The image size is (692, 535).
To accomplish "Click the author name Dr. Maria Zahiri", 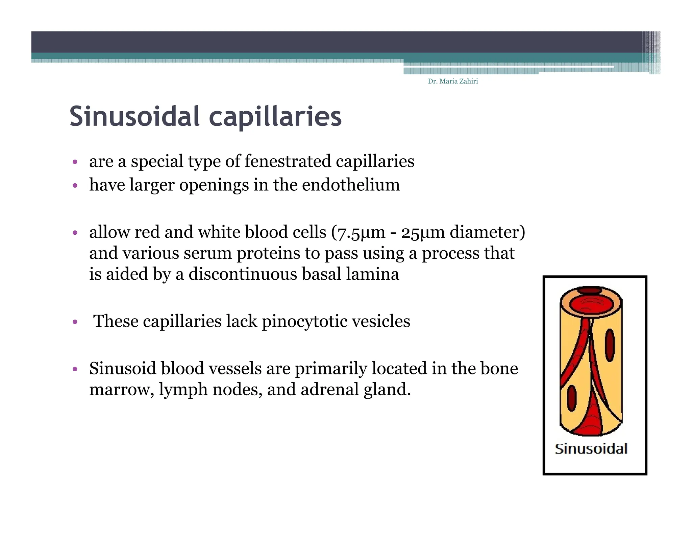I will (452, 81).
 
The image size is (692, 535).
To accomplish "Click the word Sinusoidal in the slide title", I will (134, 116).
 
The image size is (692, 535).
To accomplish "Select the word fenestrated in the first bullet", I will (288, 161).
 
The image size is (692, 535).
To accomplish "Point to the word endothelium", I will (351, 185).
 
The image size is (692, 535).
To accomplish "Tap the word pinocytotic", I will (304, 321).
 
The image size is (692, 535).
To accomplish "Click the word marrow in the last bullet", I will (120, 390).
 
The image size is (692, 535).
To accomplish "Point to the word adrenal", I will (329, 389).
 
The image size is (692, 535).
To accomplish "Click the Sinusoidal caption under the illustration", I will (591, 449).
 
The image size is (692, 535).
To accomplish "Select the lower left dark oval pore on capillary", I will (571, 398).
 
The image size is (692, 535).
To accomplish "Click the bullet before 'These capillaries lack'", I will (75, 322).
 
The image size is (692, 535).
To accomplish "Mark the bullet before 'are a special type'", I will (75, 162).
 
